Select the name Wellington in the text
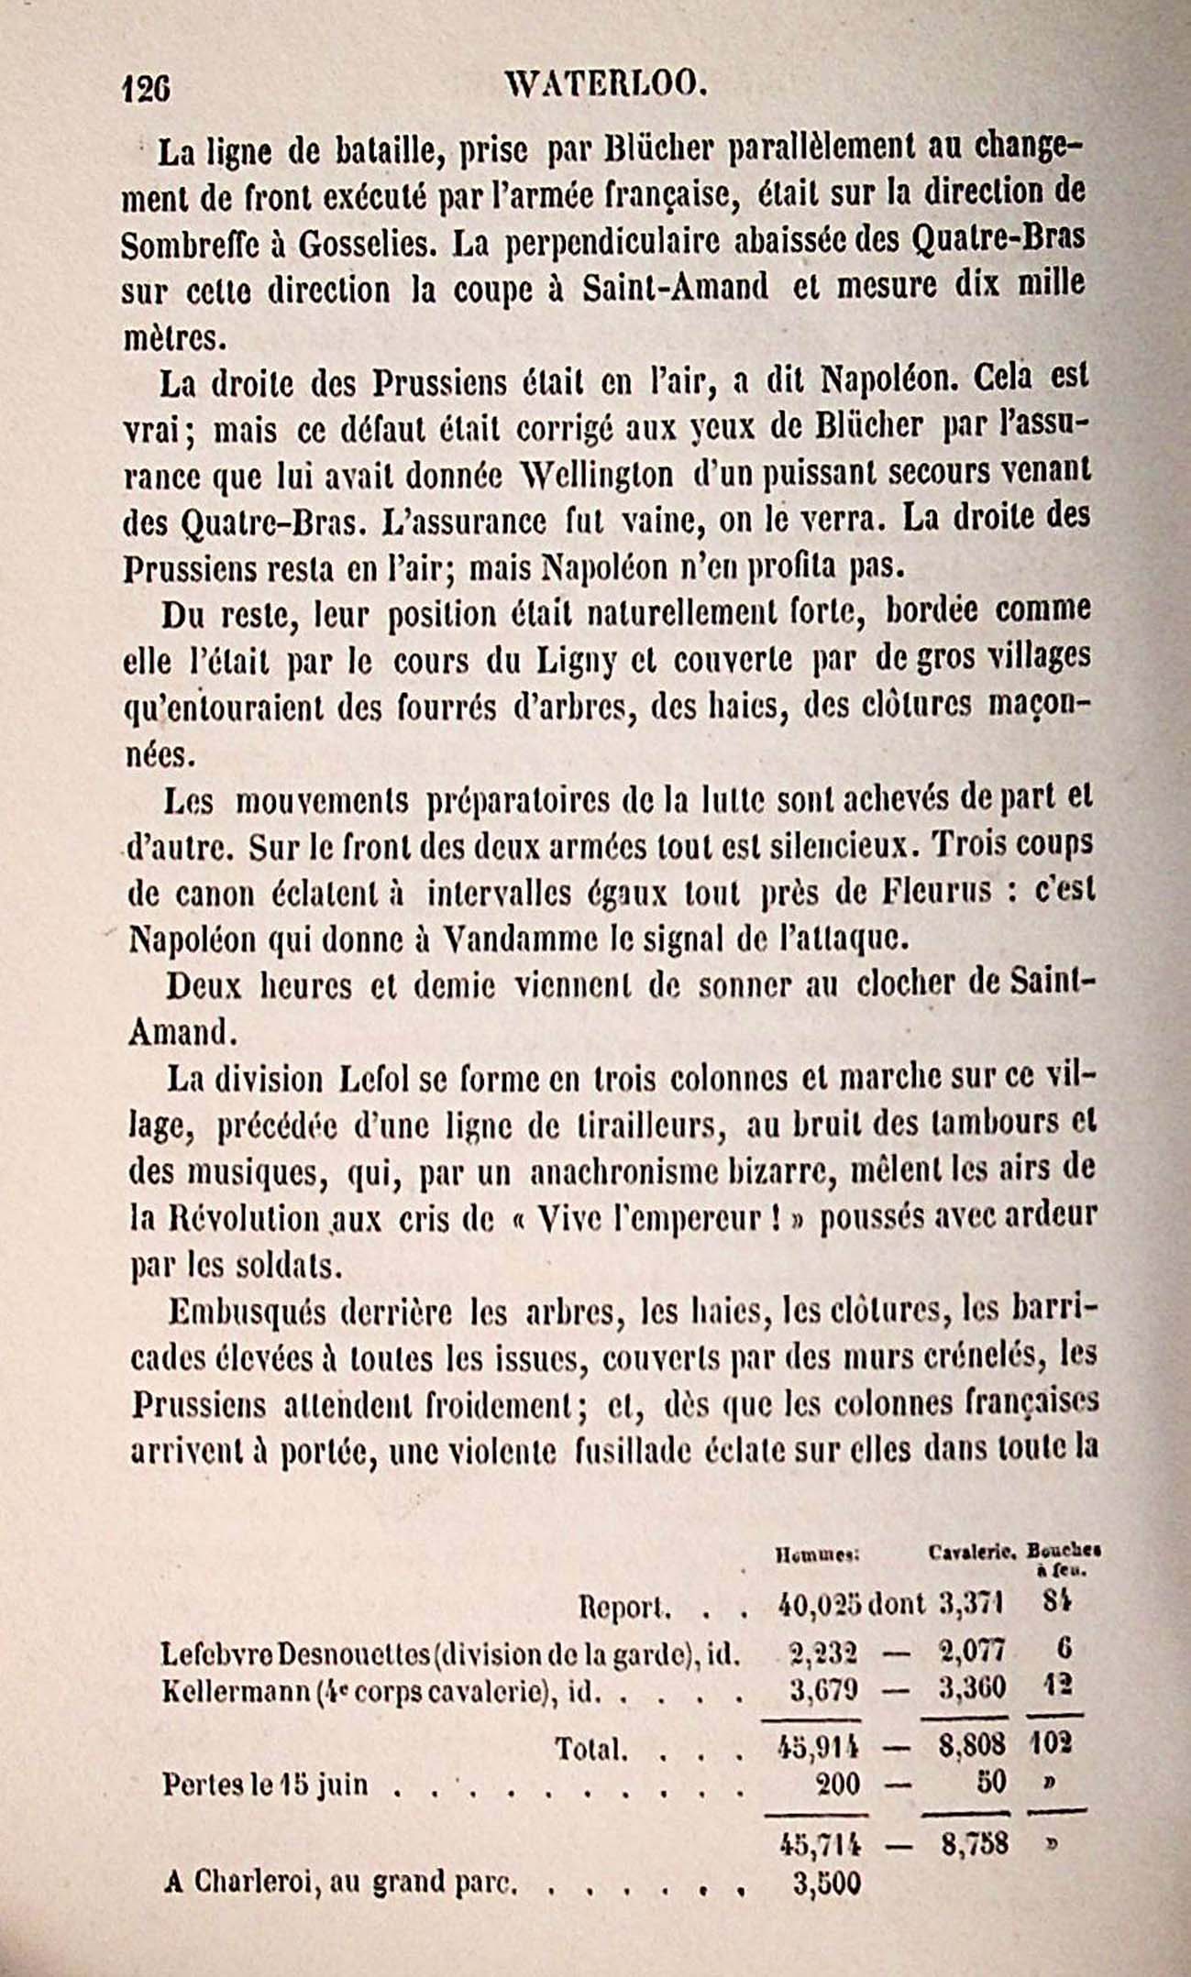597,474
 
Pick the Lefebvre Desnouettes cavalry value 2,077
974,1650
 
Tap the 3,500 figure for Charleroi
826,1883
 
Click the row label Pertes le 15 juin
265,1785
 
